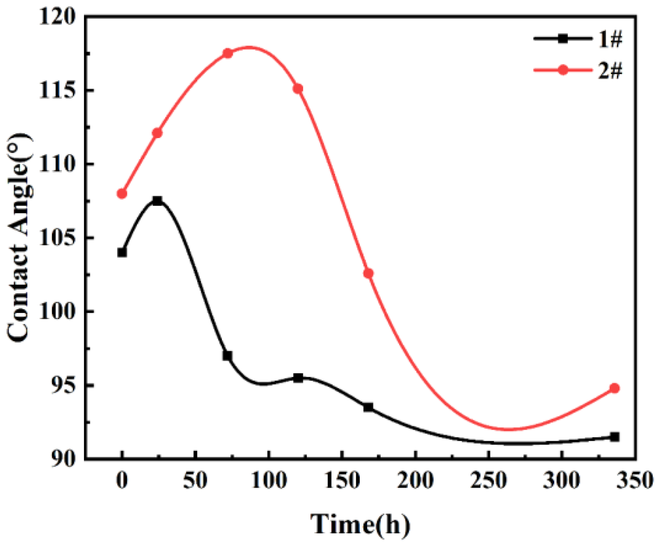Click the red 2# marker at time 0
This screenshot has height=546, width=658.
pyautogui.click(x=122, y=194)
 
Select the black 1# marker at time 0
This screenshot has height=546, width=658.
pyautogui.click(x=122, y=252)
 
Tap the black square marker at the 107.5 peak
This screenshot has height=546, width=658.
pyautogui.click(x=157, y=201)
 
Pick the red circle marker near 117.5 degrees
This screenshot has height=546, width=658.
pyautogui.click(x=227, y=53)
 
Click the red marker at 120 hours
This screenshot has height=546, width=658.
pyautogui.click(x=298, y=88)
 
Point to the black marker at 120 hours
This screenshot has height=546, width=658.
pyautogui.click(x=298, y=378)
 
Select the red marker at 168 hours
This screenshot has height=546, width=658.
pyautogui.click(x=368, y=273)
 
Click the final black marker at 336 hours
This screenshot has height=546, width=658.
pyautogui.click(x=614, y=437)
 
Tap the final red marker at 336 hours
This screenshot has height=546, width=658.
pyautogui.click(x=614, y=388)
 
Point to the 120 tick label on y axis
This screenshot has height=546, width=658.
pyautogui.click(x=57, y=17)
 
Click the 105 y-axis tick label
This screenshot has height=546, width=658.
pyautogui.click(x=57, y=238)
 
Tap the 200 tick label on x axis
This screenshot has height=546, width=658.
pyautogui.click(x=415, y=480)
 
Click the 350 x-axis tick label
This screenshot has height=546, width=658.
pyautogui.click(x=635, y=480)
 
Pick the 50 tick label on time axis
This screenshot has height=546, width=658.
pyautogui.click(x=195, y=480)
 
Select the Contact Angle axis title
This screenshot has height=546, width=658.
pyautogui.click(x=18, y=238)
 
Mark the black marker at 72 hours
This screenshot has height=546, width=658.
pyautogui.click(x=227, y=356)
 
